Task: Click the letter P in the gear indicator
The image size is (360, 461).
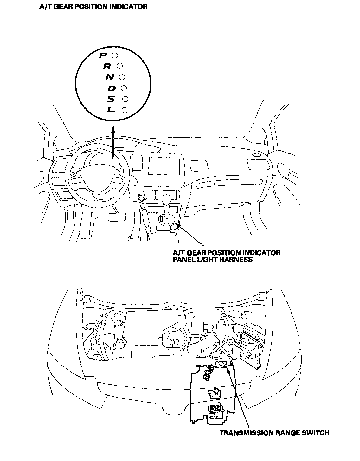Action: [103, 55]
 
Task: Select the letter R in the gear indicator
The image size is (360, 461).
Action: [107, 66]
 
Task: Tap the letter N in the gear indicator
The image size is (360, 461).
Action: [110, 77]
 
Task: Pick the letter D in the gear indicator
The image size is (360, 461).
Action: [112, 88]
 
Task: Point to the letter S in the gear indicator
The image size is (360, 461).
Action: [111, 99]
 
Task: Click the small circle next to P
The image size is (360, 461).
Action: [115, 55]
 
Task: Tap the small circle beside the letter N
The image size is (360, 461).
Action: [122, 77]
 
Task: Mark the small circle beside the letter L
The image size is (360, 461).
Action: [124, 110]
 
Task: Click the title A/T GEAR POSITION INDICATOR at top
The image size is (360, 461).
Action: [93, 6]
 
